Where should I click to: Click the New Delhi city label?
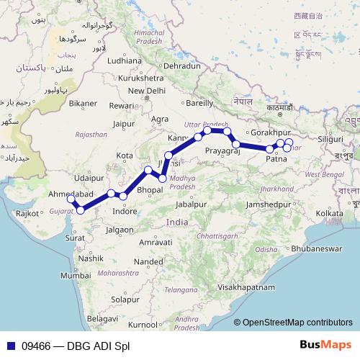[147, 91]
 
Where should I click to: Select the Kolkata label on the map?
[328, 213]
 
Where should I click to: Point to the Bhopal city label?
[149, 189]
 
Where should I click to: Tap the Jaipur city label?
[124, 123]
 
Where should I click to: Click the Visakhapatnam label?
[248, 287]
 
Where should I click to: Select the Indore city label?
[125, 211]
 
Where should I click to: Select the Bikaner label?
[83, 104]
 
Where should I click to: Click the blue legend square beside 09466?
[8, 344]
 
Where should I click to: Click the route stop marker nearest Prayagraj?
[236, 145]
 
